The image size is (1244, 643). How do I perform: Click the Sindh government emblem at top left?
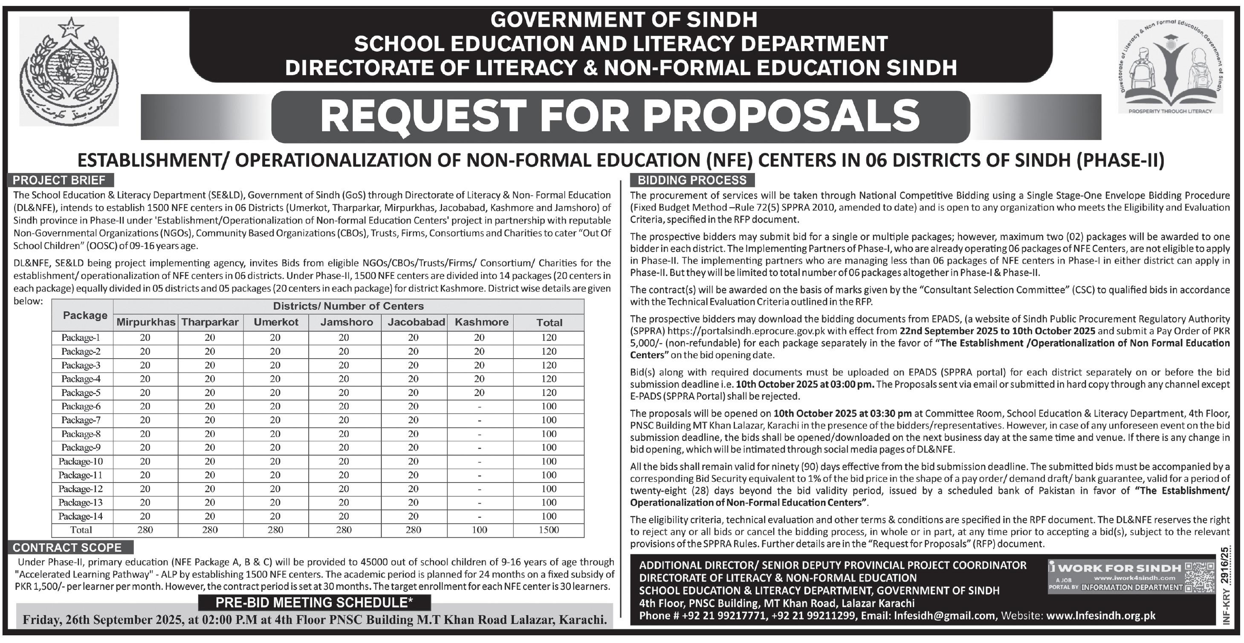point(69,72)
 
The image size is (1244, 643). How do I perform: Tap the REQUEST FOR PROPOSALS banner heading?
point(620,116)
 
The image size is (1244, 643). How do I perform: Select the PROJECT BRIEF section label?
point(59,180)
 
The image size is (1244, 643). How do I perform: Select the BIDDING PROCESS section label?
point(692,180)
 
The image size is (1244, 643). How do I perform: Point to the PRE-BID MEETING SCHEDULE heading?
point(314,602)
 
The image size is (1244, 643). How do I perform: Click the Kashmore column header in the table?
point(481,322)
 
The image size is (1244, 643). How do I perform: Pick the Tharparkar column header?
point(210,322)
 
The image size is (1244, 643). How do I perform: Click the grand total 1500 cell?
point(549,530)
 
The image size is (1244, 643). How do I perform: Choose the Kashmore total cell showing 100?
point(480,530)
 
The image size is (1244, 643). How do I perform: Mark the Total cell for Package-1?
point(549,337)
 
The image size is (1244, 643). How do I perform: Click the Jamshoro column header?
point(346,322)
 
